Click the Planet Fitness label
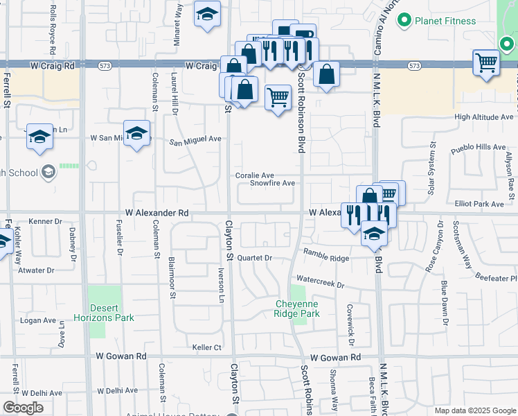click(445, 21)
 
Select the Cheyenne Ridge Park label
click(298, 309)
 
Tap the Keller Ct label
click(207, 347)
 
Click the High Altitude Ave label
click(484, 117)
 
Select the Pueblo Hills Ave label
click(479, 147)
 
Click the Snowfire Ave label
click(273, 184)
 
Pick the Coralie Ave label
click(255, 175)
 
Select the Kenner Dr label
click(46, 221)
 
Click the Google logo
click(22, 408)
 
